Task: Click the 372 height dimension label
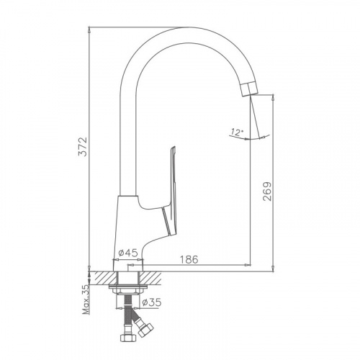[x=82, y=147]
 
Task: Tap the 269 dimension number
[x=267, y=192]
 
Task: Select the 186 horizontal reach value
[x=189, y=259]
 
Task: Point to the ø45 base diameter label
[x=128, y=253]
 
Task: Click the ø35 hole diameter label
[x=151, y=302]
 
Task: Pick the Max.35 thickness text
[x=86, y=300]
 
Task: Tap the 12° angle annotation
[x=238, y=132]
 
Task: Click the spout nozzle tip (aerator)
[x=250, y=89]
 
